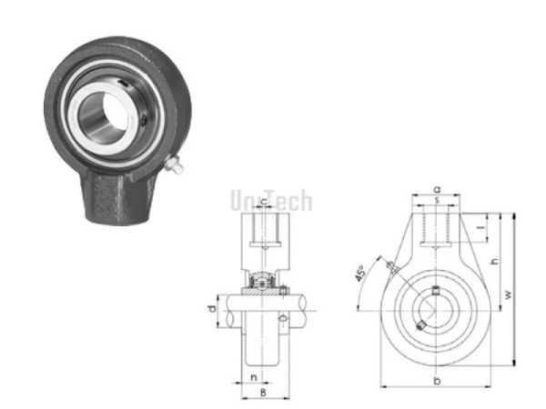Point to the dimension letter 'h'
[x=495, y=261]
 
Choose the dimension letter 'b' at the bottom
[x=438, y=379]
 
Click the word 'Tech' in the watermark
[x=286, y=201]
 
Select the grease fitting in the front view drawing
[x=391, y=266]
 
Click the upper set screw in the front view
[x=438, y=291]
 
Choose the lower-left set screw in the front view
[x=419, y=324]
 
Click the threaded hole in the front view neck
[x=438, y=227]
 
